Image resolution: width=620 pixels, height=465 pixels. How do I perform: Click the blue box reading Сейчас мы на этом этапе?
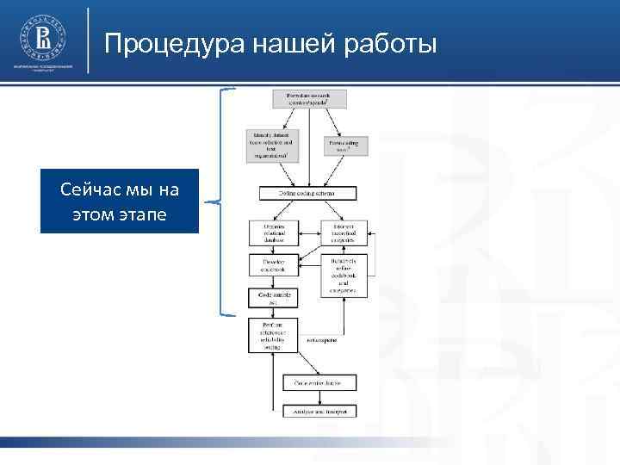tap(120, 201)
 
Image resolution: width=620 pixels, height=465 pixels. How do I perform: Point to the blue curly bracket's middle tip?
tap(209, 202)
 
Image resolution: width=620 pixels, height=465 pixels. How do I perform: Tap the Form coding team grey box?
tap(346, 145)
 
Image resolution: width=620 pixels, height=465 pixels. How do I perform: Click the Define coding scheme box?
tap(307, 194)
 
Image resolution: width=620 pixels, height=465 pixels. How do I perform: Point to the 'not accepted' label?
tap(321, 340)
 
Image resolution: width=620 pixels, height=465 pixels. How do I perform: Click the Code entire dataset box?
tap(319, 381)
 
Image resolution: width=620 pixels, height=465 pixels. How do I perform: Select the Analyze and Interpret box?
tap(319, 412)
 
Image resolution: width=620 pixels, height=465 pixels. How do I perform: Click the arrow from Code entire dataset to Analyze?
tap(319, 397)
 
